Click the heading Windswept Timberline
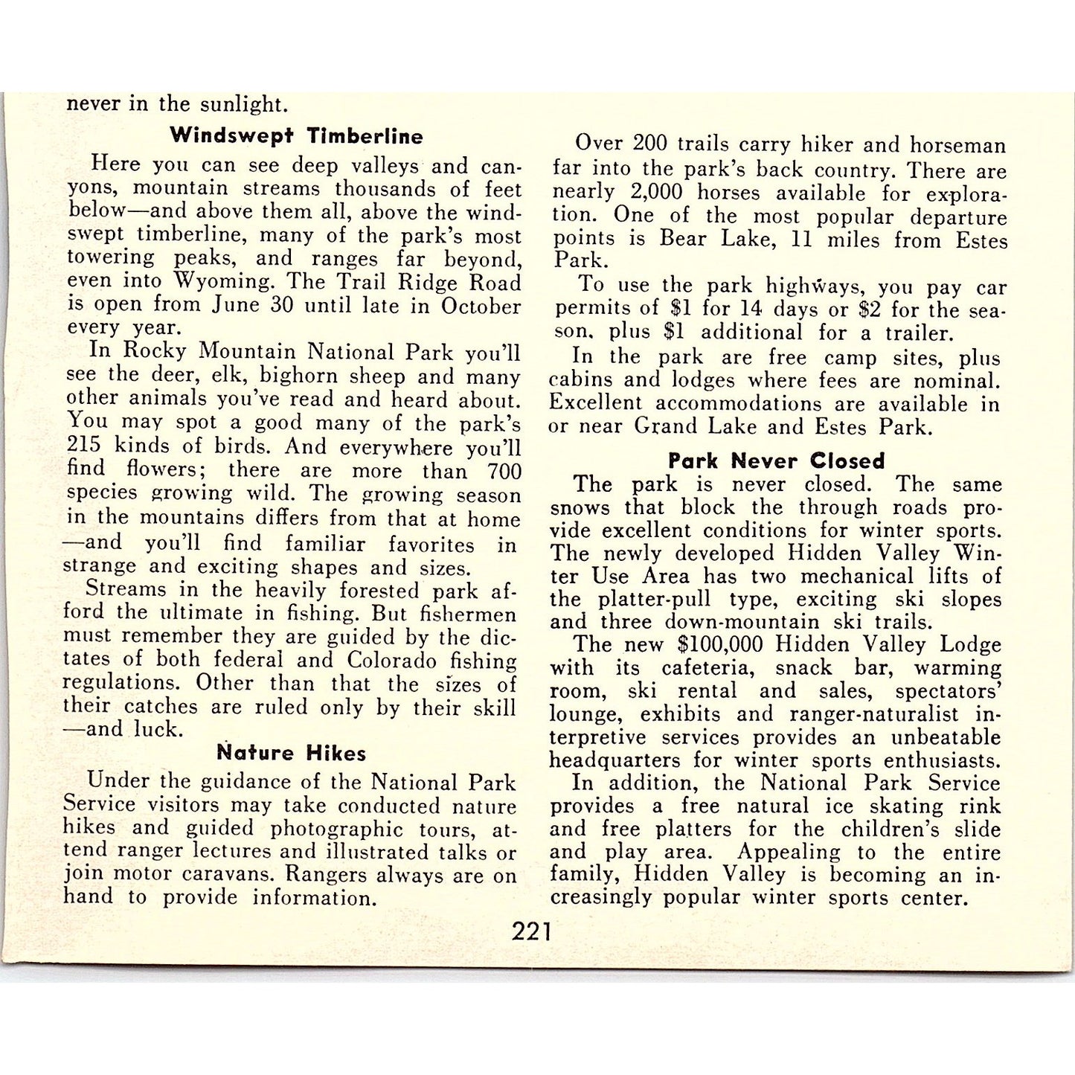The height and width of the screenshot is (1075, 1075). coord(296,136)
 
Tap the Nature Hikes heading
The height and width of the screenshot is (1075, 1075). coord(292,753)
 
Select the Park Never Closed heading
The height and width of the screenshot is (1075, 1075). coord(776,461)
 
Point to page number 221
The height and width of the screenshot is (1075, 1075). coord(532,931)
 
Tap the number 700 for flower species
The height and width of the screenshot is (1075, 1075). coord(504,471)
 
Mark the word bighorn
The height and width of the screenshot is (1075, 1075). coord(298,376)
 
